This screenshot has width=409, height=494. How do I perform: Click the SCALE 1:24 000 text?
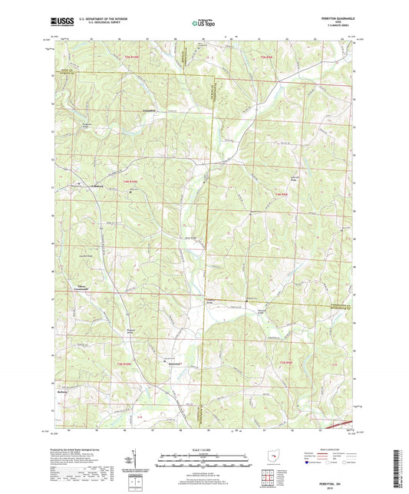point(204,449)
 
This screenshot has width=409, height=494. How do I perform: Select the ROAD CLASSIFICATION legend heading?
point(335,449)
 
